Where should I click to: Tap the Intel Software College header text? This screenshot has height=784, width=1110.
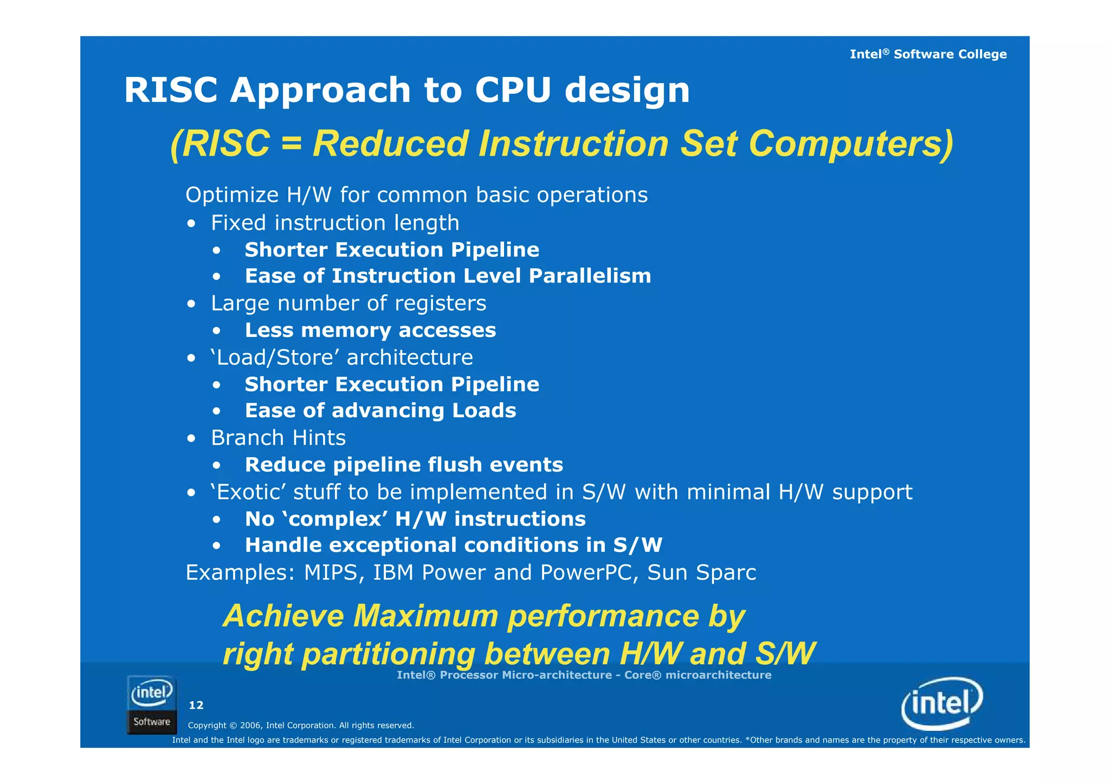pyautogui.click(x=928, y=54)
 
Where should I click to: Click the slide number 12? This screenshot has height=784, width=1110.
pyautogui.click(x=196, y=705)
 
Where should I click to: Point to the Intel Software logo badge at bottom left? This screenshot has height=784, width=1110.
pyautogui.click(x=152, y=705)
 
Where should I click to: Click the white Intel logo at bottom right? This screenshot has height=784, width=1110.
pyautogui.click(x=942, y=703)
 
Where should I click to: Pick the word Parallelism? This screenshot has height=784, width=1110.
pyautogui.click(x=590, y=276)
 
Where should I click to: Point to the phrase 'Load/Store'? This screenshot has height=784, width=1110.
pyautogui.click(x=275, y=358)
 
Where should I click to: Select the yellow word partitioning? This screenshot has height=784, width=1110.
pyautogui.click(x=388, y=654)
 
